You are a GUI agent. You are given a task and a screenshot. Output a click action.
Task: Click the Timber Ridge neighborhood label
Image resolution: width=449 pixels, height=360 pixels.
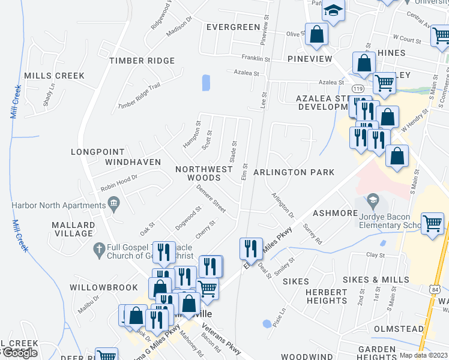(142, 61)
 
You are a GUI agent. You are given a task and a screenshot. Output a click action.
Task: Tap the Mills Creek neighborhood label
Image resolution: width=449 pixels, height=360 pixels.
(54, 76)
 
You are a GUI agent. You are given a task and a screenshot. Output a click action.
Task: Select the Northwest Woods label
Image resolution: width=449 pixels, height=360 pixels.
(203, 173)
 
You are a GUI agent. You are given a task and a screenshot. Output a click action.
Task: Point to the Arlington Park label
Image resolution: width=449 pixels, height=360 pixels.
(294, 172)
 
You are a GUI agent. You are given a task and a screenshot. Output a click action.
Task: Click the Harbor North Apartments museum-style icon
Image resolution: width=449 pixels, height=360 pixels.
(113, 206)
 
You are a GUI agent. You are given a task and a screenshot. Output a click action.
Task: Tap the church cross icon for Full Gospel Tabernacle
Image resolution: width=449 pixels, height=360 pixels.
(100, 247)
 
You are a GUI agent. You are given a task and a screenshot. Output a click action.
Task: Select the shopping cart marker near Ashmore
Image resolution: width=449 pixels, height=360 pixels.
(432, 223)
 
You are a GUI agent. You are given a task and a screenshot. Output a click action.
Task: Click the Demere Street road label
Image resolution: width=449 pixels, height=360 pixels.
(211, 198)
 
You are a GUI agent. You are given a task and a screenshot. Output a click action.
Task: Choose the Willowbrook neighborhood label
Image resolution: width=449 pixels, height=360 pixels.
(103, 287)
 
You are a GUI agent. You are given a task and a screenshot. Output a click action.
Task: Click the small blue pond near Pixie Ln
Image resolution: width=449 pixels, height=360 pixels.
(267, 323)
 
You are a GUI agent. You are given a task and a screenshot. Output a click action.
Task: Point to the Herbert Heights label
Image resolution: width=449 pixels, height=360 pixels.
(327, 296)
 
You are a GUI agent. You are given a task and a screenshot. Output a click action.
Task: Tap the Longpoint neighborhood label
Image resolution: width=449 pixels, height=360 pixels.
(98, 152)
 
